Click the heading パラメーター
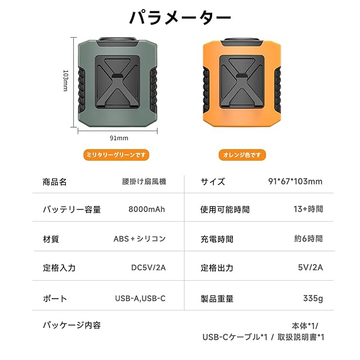tap(180, 18)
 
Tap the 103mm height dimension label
tap(65, 81)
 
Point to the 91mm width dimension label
tap(119, 138)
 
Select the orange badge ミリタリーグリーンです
tap(117, 154)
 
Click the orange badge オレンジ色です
tap(242, 154)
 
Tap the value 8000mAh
tap(147, 209)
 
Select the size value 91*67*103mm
tap(295, 181)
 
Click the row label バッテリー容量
tap(72, 210)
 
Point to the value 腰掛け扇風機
tap(144, 182)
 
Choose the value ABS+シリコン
tap(139, 238)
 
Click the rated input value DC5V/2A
tap(148, 268)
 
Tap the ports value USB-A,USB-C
tap(140, 298)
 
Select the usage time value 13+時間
tap(309, 209)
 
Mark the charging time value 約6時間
tap(309, 238)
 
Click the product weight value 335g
tap(313, 298)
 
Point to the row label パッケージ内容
tap(72, 325)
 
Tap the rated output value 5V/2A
tap(310, 268)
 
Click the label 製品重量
tap(217, 299)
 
